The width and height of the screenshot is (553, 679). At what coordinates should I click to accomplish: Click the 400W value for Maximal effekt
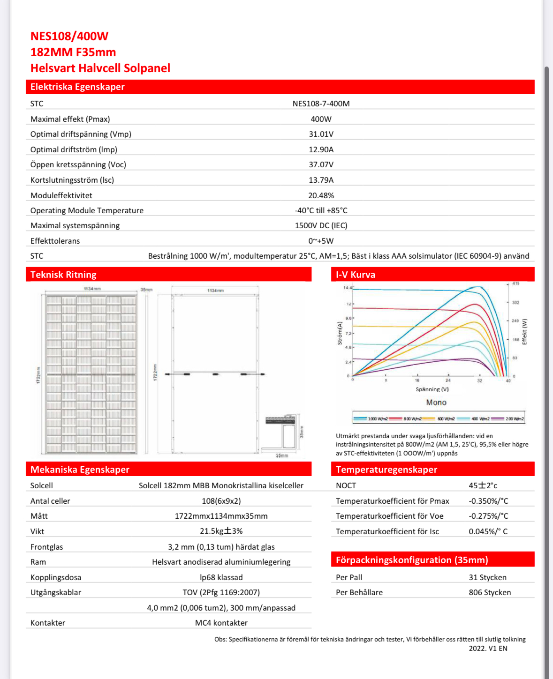click(321, 119)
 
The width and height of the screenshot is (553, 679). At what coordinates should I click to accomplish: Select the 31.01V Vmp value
click(321, 134)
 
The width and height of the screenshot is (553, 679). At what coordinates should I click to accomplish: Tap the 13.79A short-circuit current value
click(321, 180)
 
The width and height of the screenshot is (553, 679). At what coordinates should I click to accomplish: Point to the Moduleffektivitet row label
click(61, 195)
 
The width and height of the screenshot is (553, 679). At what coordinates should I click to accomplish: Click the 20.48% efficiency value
click(321, 195)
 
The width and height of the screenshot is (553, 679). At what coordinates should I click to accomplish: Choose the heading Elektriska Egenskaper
click(77, 87)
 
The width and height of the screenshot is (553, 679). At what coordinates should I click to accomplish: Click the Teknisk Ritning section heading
click(63, 275)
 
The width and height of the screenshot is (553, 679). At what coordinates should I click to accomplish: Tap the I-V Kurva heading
click(356, 275)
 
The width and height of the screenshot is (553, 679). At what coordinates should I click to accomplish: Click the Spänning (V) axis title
click(432, 389)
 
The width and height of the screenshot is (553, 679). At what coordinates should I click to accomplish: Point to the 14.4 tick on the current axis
click(347, 288)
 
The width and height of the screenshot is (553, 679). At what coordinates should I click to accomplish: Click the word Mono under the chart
click(436, 403)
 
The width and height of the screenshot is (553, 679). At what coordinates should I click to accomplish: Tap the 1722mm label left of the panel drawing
click(38, 375)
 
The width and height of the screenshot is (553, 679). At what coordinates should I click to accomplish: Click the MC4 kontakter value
click(221, 623)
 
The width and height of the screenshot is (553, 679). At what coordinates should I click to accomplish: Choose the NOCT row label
click(346, 485)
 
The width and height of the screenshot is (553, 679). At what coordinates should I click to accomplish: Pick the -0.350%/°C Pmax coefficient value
click(488, 501)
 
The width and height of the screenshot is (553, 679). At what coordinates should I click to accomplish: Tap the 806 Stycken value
click(490, 592)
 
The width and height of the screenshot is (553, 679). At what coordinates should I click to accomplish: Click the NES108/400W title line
click(69, 36)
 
